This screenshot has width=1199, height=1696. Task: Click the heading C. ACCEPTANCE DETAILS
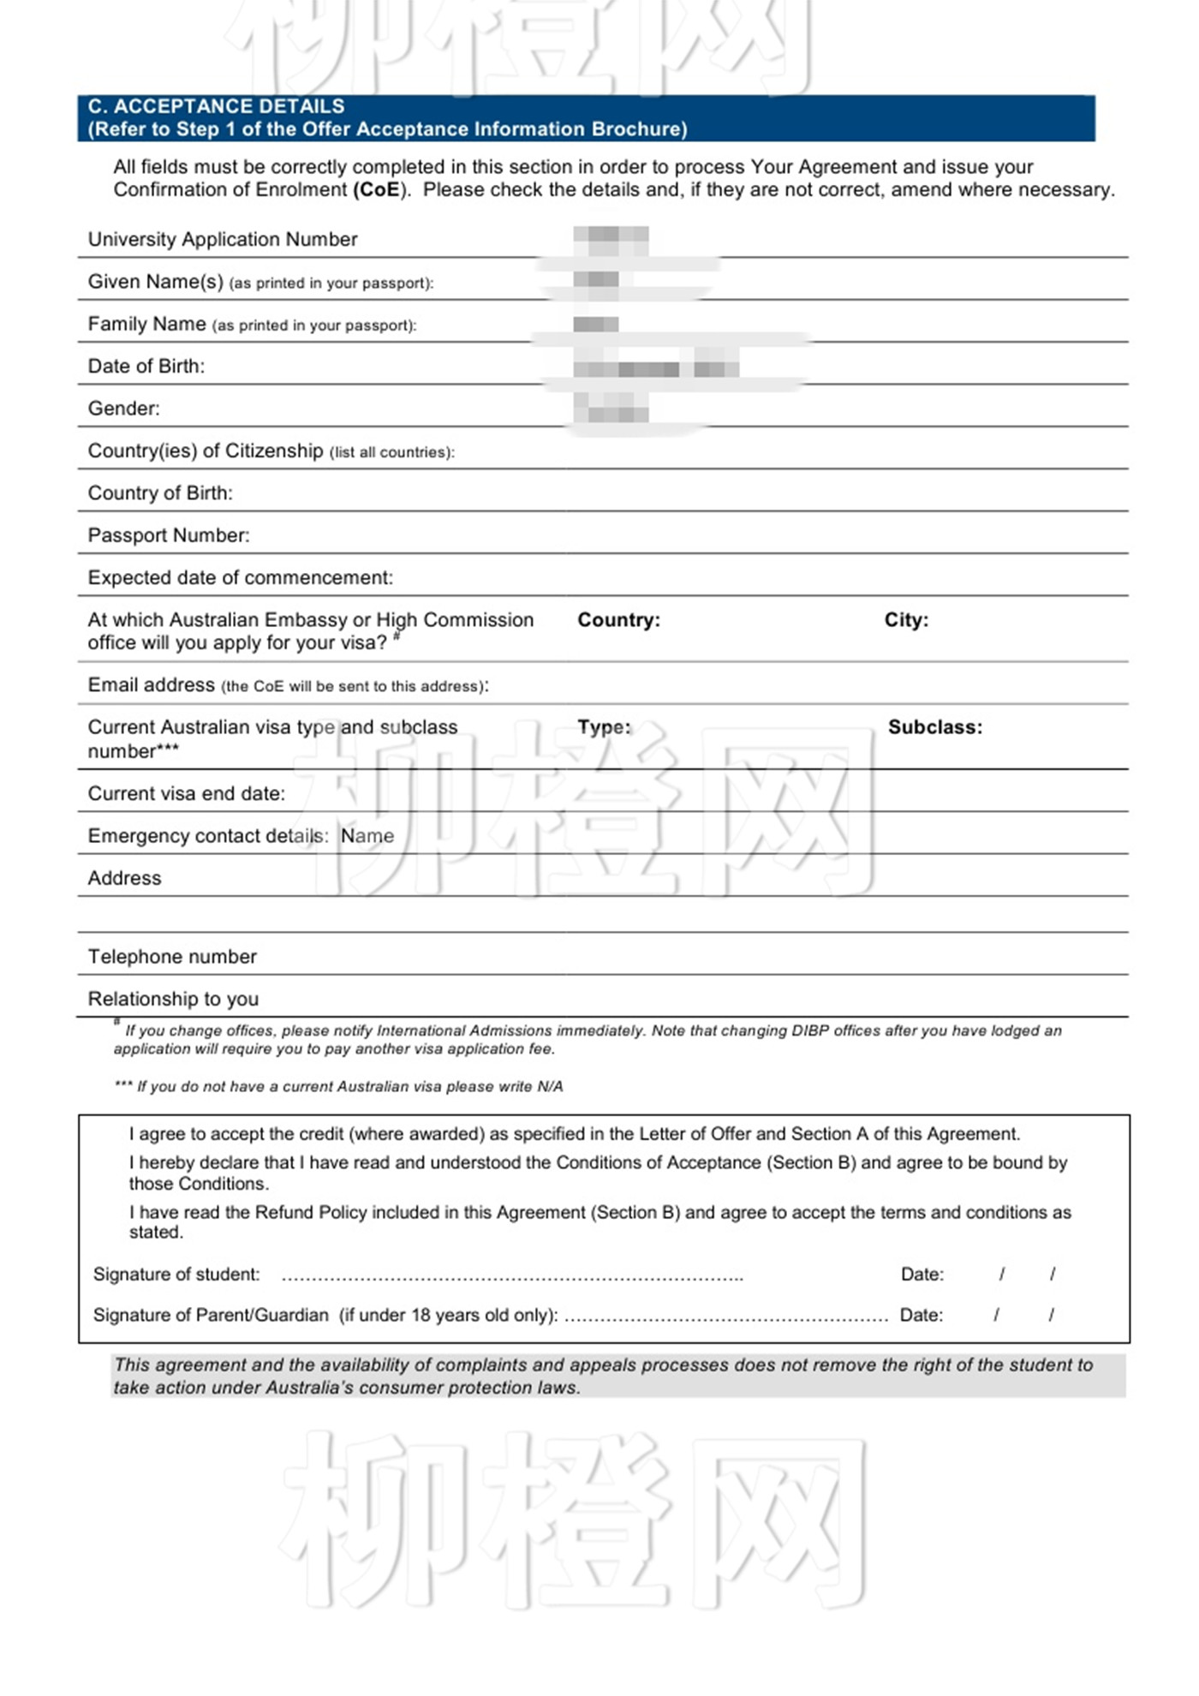(x=216, y=106)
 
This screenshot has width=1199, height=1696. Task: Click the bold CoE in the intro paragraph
(x=377, y=189)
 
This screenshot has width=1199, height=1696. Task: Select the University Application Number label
(x=223, y=239)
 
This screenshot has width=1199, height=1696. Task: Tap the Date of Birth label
(x=146, y=366)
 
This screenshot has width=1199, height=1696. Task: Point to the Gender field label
(x=124, y=408)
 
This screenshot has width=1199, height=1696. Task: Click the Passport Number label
(x=169, y=535)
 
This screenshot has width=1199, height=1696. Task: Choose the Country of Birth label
(x=160, y=493)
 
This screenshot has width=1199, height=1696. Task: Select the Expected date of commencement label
(x=241, y=577)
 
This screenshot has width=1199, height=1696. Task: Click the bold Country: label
(x=618, y=619)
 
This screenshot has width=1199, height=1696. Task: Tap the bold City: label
(x=906, y=619)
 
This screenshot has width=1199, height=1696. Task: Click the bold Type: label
(x=604, y=726)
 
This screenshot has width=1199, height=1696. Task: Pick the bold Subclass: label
(x=935, y=727)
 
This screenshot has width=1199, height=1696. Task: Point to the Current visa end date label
(x=187, y=793)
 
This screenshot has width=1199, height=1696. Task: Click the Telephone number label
(x=172, y=956)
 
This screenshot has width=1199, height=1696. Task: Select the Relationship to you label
(x=173, y=999)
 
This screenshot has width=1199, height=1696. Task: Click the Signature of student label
(x=176, y=1274)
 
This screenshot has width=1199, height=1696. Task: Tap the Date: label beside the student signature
(x=922, y=1274)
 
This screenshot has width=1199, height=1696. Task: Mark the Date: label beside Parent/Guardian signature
(x=921, y=1315)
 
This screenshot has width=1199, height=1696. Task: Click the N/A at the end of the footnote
(x=550, y=1086)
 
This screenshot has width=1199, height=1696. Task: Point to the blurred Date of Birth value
(x=656, y=368)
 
